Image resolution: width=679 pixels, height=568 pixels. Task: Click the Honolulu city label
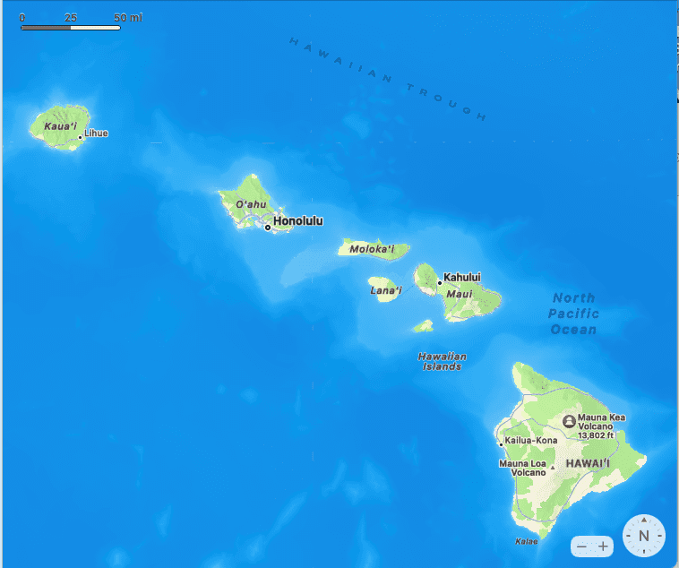298,220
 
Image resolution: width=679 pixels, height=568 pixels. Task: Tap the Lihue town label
96,133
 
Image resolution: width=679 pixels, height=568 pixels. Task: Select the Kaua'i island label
60,125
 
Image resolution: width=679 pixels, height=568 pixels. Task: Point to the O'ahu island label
252,204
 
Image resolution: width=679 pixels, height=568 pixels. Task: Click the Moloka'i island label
373,249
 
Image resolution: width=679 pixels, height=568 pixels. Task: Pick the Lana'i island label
386,290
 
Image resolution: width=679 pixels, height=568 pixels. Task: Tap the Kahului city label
462,278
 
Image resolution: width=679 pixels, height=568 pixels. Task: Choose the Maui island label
459,294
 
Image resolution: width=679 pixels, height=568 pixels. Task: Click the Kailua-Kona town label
531,441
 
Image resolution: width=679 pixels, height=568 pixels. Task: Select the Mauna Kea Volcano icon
568,420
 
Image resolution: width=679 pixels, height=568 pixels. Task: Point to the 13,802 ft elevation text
596,436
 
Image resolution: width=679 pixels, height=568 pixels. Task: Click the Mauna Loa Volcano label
522,468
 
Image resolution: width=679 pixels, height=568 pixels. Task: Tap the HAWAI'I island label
587,463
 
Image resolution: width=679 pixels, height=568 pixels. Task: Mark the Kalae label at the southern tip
527,541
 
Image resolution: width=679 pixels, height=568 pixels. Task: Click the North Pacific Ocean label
573,314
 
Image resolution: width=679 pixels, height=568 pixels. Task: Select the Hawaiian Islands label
443,361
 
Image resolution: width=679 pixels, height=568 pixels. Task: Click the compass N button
644,536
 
